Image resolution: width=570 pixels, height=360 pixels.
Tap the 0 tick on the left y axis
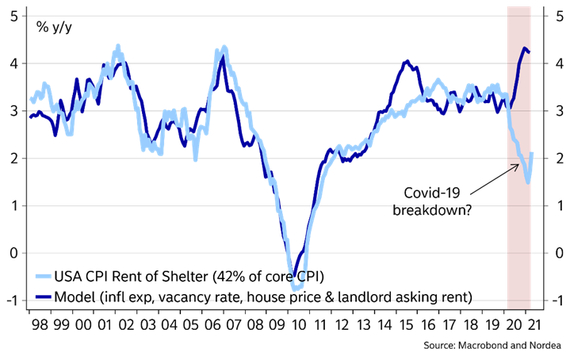click(14, 254)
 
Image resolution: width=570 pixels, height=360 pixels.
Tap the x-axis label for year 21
click(536, 324)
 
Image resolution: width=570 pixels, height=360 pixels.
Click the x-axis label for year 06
click(211, 324)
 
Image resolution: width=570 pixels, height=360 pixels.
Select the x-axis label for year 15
click(406, 324)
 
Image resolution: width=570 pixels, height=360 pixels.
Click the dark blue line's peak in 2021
click(524, 49)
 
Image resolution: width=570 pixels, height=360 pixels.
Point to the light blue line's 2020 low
click(528, 182)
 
